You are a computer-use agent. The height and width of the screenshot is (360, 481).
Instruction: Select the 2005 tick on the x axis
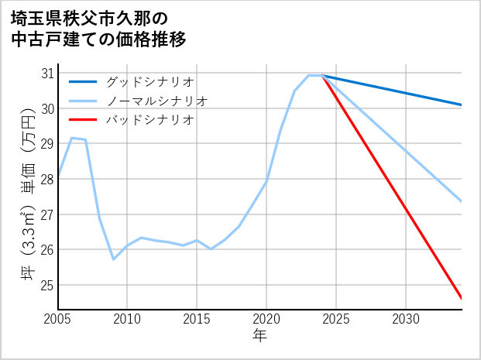click(58, 319)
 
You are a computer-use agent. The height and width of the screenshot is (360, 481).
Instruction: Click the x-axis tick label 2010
click(128, 319)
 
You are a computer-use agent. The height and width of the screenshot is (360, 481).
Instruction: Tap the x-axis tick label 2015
click(197, 319)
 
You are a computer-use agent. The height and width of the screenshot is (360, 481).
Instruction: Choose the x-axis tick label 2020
click(266, 319)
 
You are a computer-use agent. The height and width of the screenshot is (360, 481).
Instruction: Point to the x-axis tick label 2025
click(336, 319)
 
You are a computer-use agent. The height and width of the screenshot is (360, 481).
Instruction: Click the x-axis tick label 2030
click(406, 319)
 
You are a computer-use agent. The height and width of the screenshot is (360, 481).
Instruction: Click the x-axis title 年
click(260, 336)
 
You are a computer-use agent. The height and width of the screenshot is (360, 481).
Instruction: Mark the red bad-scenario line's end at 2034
click(461, 298)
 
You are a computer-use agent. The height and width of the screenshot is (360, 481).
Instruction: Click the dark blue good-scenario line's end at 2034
click(461, 105)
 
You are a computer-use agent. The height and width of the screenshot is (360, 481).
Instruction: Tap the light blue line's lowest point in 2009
click(114, 259)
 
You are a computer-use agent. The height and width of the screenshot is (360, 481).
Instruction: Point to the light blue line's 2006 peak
click(72, 138)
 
